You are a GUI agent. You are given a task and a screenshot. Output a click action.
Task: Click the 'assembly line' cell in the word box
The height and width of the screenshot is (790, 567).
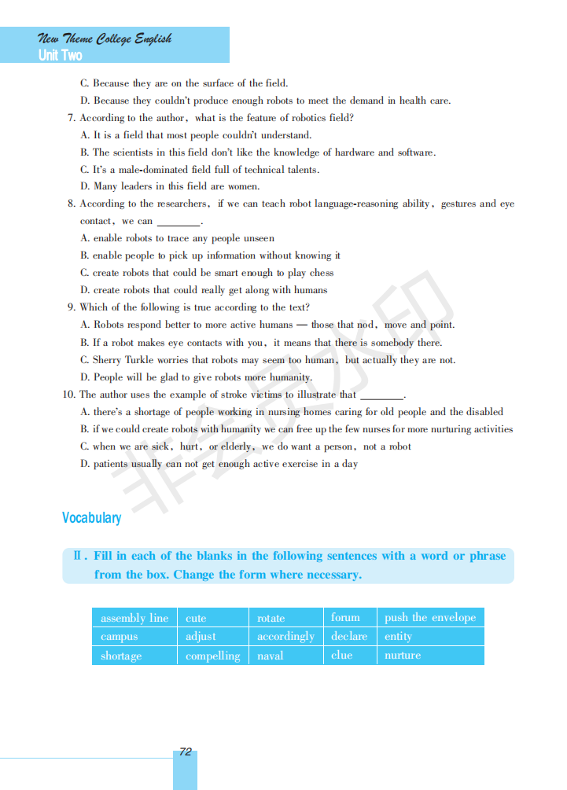134,618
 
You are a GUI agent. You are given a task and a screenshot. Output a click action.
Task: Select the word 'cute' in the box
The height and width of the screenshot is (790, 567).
196,619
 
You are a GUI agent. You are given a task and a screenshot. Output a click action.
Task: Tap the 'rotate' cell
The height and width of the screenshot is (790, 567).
271,619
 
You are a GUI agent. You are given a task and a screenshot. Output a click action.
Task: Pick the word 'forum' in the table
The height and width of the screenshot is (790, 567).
345,618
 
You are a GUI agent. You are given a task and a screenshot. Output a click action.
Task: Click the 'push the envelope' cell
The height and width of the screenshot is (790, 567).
430,618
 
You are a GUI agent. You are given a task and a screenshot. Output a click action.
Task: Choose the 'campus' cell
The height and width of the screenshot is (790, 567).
120,637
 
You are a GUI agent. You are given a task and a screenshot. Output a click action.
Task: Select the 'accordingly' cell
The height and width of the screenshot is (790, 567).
285,637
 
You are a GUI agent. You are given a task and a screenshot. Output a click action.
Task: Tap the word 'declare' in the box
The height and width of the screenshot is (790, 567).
349,637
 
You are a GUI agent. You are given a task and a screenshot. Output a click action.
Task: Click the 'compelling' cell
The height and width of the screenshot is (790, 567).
212,656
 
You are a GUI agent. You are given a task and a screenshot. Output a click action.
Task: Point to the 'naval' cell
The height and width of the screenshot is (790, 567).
271,656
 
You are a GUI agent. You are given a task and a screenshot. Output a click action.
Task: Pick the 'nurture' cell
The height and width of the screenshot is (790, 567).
403,656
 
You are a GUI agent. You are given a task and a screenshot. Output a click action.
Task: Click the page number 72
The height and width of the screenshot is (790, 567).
186,752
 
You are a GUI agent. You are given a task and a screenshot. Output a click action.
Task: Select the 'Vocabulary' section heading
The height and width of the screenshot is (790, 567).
92,518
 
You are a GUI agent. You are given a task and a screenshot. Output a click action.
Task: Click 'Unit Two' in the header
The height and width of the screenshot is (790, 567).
60,56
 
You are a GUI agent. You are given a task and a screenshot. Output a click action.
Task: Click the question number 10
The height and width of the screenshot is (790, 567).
69,395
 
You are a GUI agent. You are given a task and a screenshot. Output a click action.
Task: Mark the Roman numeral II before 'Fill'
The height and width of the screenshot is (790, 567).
78,557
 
